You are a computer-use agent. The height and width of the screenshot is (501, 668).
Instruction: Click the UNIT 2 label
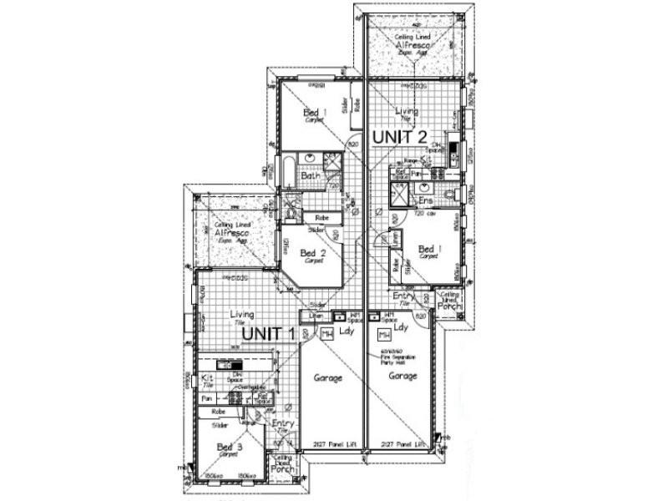point(400,135)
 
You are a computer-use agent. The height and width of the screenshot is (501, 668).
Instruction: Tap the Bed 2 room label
point(311,254)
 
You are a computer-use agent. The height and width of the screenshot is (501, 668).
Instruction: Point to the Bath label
point(311,175)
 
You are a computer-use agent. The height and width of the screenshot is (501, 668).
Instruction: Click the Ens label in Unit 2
point(426,200)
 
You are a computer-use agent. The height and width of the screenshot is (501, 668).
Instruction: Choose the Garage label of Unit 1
point(328,377)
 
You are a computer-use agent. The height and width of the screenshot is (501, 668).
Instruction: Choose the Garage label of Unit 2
point(402,377)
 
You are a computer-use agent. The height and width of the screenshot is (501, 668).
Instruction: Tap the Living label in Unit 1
point(242,316)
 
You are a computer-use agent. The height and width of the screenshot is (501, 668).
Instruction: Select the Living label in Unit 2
point(407,111)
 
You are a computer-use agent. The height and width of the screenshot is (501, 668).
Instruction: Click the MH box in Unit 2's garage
point(385,335)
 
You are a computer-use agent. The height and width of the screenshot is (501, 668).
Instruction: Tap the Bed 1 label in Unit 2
point(428,250)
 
